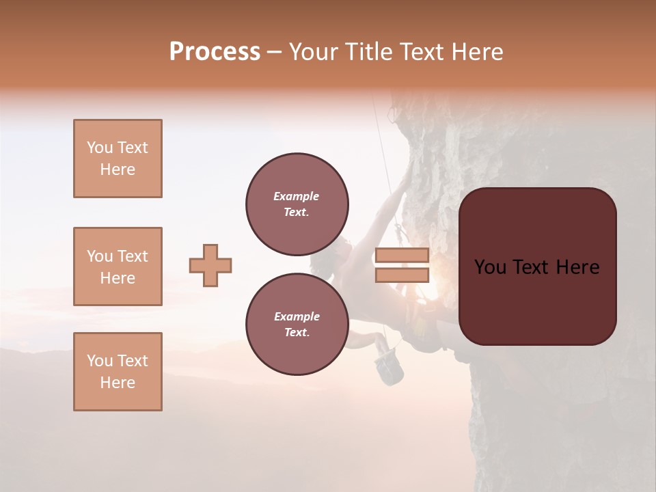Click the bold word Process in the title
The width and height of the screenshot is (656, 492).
pos(215,52)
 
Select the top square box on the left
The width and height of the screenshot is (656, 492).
pos(118,159)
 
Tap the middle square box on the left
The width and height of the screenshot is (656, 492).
pos(118,266)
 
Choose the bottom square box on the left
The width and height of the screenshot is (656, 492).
pos(118,372)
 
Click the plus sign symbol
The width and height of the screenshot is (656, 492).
pos(210,265)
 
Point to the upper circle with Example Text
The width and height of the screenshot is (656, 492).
pos(297,204)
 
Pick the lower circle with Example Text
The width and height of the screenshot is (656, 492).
pos(297,325)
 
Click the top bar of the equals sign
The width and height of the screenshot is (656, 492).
pos(402,256)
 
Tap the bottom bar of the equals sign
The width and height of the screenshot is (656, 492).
pos(402,275)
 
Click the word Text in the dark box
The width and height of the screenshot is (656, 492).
pos(537,267)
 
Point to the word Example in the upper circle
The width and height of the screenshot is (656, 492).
pos(296,196)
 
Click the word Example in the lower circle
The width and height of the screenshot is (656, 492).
pos(296,316)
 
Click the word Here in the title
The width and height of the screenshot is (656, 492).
pos(476,52)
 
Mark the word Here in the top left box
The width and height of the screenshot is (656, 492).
pos(118,169)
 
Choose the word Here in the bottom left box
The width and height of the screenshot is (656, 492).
pos(118,383)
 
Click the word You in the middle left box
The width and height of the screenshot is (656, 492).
pos(99,256)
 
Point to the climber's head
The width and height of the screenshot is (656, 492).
pos(341,249)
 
